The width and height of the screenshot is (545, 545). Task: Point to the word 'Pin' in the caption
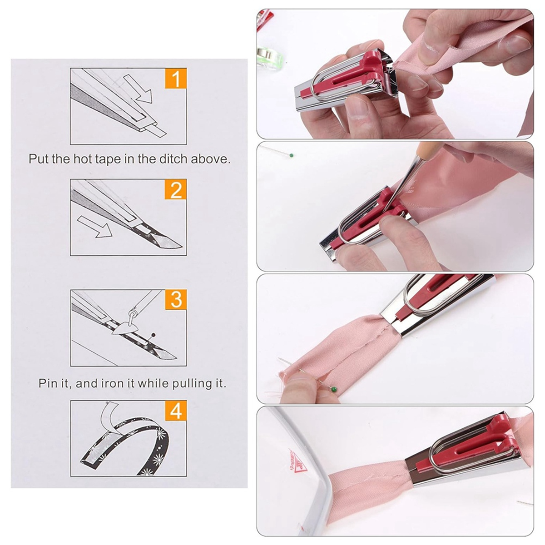click(48, 384)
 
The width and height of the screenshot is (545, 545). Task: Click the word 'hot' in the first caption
click(79, 159)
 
